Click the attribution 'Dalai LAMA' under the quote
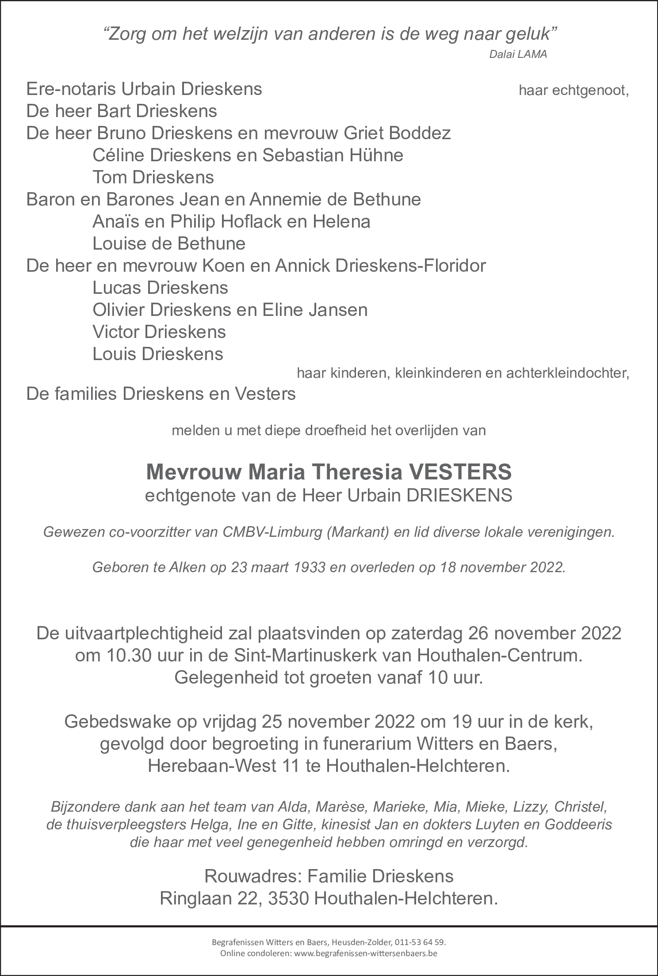click(518, 54)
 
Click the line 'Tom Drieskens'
click(153, 178)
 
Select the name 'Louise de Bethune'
click(169, 244)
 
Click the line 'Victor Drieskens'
click(159, 332)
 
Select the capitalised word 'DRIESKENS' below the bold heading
click(459, 495)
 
